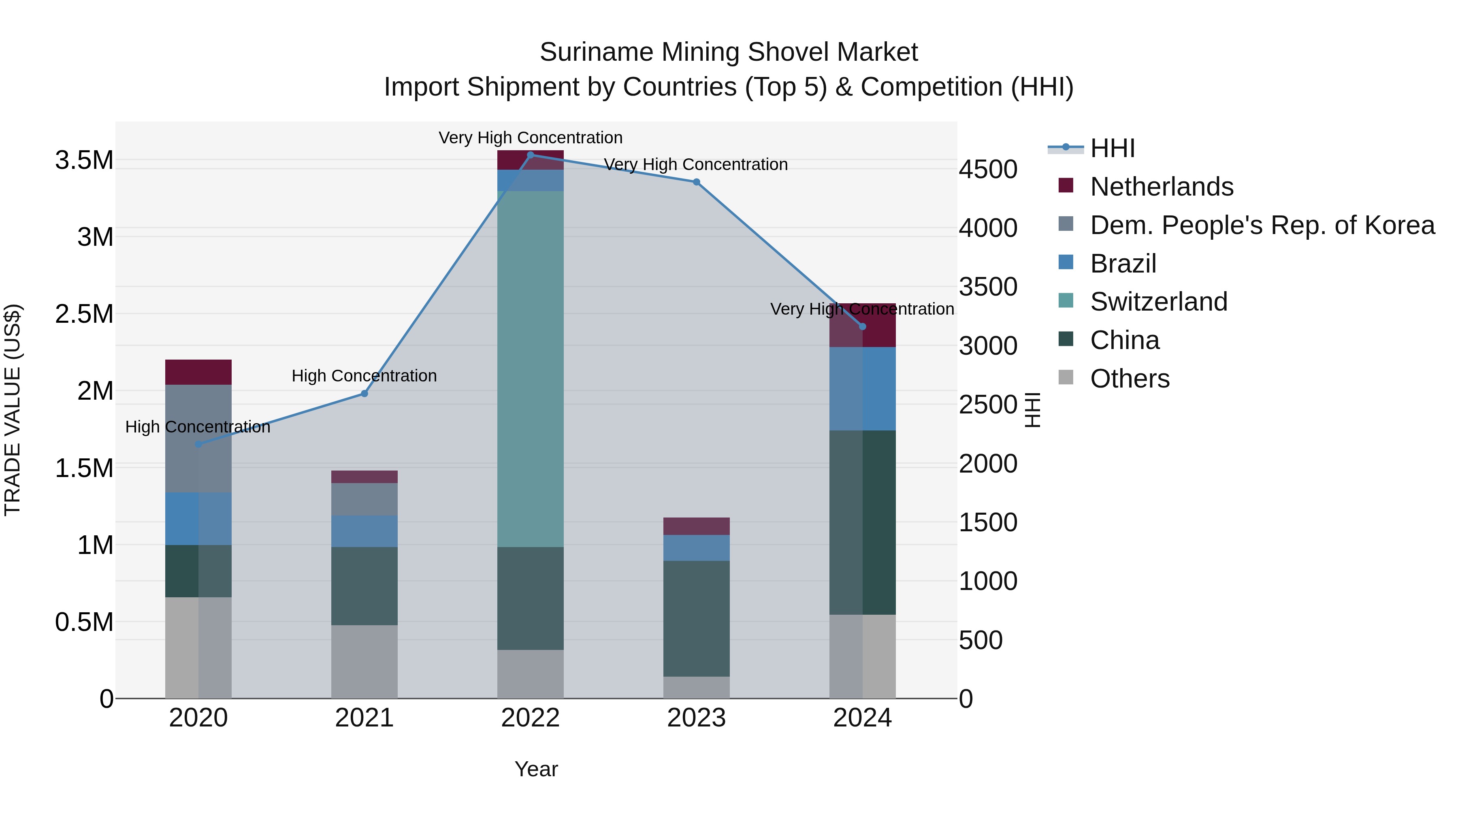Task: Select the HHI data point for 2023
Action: tap(696, 182)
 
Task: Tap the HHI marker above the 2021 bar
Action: tap(364, 394)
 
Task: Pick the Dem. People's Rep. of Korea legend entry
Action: tap(1262, 225)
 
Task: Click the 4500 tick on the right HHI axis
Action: tap(988, 169)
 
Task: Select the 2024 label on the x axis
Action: tap(862, 718)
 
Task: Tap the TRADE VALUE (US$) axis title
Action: tap(13, 410)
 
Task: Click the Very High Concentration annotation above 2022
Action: tap(530, 138)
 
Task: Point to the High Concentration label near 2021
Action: tap(364, 376)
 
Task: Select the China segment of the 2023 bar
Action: tap(696, 618)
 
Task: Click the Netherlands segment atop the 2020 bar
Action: tap(198, 372)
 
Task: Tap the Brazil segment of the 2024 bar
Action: tap(862, 389)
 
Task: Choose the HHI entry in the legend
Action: tap(1112, 148)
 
